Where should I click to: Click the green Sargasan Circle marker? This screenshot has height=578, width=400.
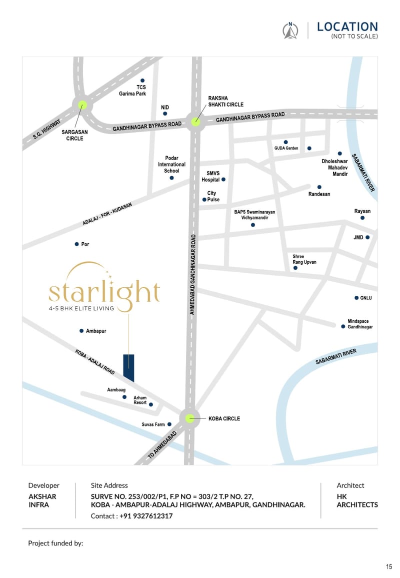(x=82, y=105)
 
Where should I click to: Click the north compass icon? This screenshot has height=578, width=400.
(x=290, y=31)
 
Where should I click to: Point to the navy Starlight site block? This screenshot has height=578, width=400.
(x=128, y=367)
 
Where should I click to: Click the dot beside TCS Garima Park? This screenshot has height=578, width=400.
(x=142, y=80)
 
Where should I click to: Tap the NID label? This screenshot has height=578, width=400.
(x=165, y=107)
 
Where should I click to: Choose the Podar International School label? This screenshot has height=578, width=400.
(x=171, y=164)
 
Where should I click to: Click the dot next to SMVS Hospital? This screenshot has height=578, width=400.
(x=223, y=179)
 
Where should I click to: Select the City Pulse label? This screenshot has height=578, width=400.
(x=212, y=196)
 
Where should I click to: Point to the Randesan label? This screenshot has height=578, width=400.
(x=319, y=194)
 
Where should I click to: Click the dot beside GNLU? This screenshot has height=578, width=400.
(x=356, y=298)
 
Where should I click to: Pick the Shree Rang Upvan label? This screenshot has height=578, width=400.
(x=304, y=259)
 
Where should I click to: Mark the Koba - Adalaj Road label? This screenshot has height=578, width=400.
(x=95, y=362)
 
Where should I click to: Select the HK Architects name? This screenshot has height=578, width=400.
(x=357, y=500)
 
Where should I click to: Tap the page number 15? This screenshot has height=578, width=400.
(x=389, y=566)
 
